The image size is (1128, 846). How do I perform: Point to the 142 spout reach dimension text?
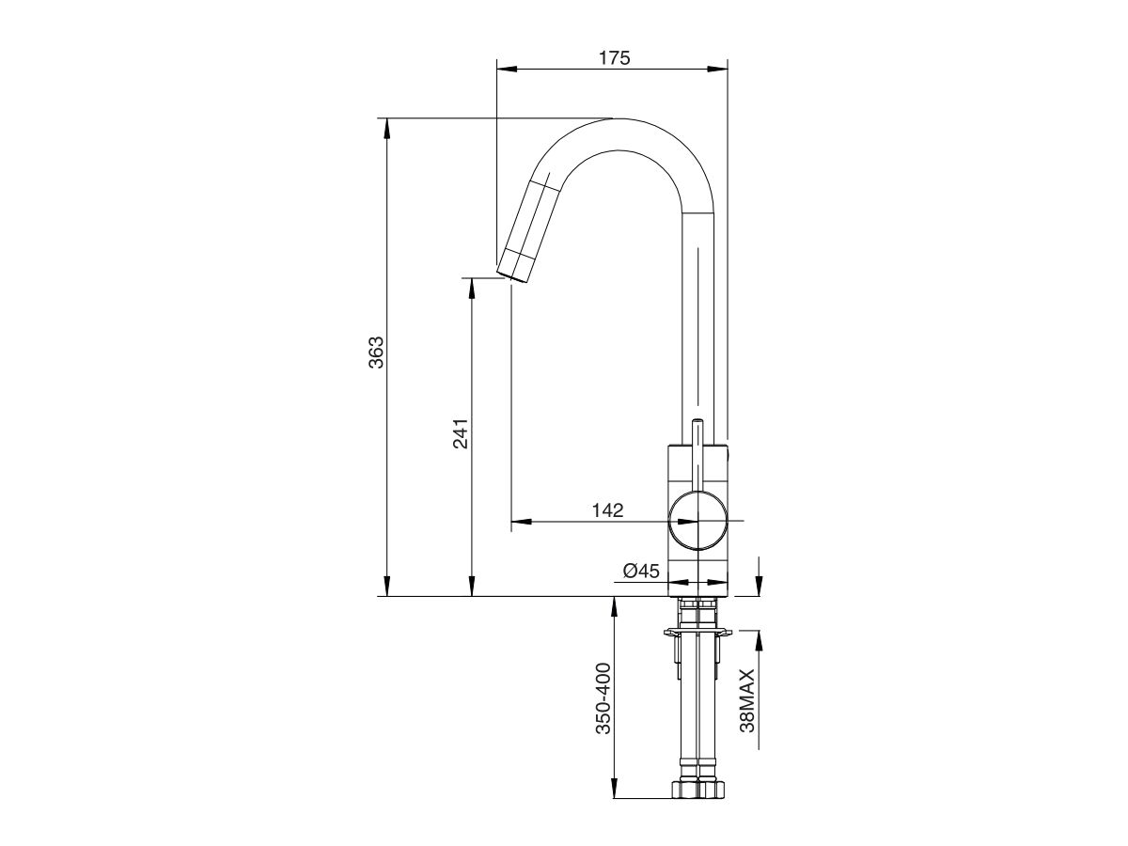click(x=607, y=510)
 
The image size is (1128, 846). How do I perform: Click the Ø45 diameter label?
click(x=639, y=571)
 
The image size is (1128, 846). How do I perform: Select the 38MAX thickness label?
click(x=747, y=700)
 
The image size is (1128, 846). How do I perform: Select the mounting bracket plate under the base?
click(x=697, y=634)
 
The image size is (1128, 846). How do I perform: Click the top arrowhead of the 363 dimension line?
click(x=385, y=126)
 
